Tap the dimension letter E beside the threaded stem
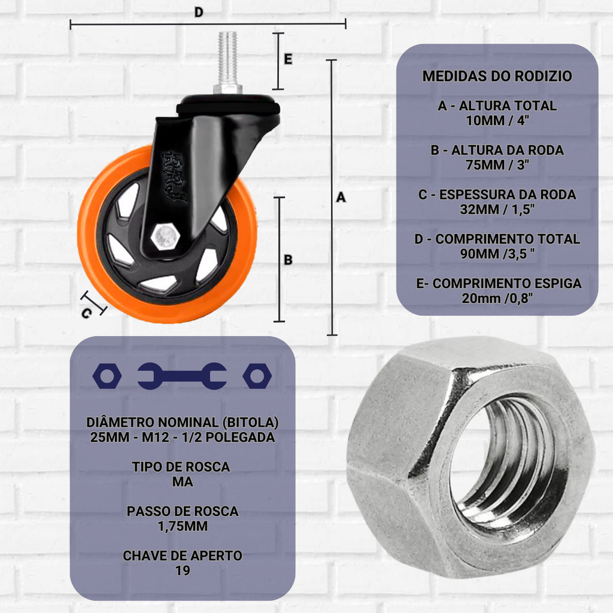(x=288, y=59)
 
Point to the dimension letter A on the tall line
(x=341, y=197)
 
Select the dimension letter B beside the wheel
(x=288, y=260)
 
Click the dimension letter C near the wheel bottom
(x=87, y=312)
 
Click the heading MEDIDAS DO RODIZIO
(x=497, y=77)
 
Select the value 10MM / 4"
(x=497, y=120)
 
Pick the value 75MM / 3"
(x=497, y=165)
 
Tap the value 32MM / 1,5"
(x=497, y=209)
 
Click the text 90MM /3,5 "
(x=497, y=253)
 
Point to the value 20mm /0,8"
(x=497, y=298)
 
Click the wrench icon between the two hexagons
(x=182, y=376)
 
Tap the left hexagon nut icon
(x=107, y=376)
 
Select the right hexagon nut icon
(x=257, y=376)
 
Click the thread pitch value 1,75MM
(x=183, y=526)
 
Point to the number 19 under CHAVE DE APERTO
(x=183, y=570)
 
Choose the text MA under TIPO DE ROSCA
(x=183, y=482)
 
